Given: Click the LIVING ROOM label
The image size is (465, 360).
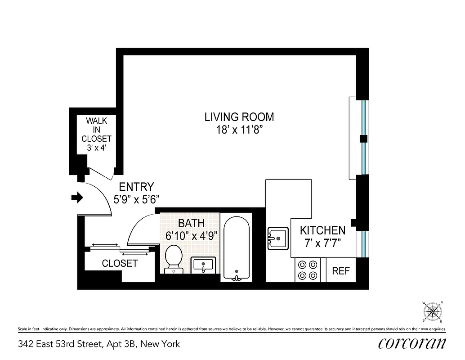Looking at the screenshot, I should (239, 117).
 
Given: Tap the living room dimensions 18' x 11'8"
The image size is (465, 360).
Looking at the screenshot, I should (239, 130).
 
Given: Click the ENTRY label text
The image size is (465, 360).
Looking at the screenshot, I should (136, 187).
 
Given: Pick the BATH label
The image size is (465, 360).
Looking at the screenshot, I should (191, 223).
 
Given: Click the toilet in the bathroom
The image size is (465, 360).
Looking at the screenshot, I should (173, 259).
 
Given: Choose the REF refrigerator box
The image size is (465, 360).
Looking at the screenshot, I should (341, 271).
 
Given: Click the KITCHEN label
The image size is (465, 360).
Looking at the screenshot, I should (322, 230).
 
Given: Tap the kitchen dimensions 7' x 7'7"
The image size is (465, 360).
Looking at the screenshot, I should (322, 243).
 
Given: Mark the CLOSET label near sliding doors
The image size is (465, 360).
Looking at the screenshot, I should (120, 264).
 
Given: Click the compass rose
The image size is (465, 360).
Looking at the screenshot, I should (433, 311).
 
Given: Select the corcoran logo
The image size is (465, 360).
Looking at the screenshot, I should (412, 344).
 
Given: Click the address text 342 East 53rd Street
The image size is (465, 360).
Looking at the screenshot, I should (99, 344).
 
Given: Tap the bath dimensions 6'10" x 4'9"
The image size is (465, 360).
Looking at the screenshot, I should (191, 234).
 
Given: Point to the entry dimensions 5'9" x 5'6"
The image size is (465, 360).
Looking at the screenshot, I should (136, 198).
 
